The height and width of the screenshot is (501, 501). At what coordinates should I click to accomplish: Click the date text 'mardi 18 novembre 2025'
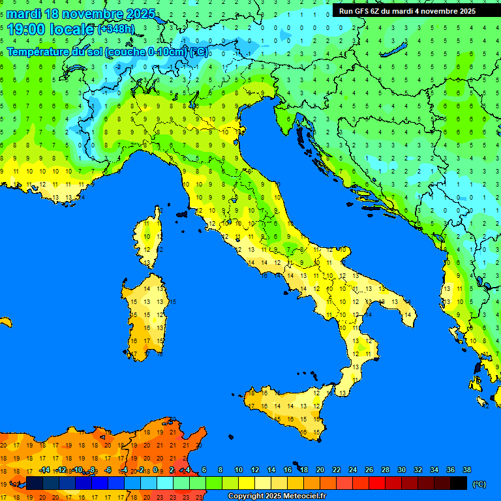[x=81, y=14]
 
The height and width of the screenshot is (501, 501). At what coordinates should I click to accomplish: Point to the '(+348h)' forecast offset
[x=117, y=29]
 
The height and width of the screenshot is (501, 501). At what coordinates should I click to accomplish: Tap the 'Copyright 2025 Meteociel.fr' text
[x=277, y=496]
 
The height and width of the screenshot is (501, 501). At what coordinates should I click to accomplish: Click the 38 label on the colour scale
[x=466, y=470]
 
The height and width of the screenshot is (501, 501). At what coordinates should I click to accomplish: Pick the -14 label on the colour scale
[x=44, y=470]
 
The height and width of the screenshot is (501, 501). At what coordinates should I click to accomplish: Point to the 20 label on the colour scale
[x=320, y=470]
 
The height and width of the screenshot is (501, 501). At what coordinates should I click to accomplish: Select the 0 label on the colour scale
[x=157, y=470]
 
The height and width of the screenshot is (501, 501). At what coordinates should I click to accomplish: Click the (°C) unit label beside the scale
[x=479, y=484]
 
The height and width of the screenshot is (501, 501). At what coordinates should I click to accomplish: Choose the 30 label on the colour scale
[x=402, y=470]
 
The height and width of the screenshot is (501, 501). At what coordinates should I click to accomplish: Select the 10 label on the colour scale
[x=239, y=470]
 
